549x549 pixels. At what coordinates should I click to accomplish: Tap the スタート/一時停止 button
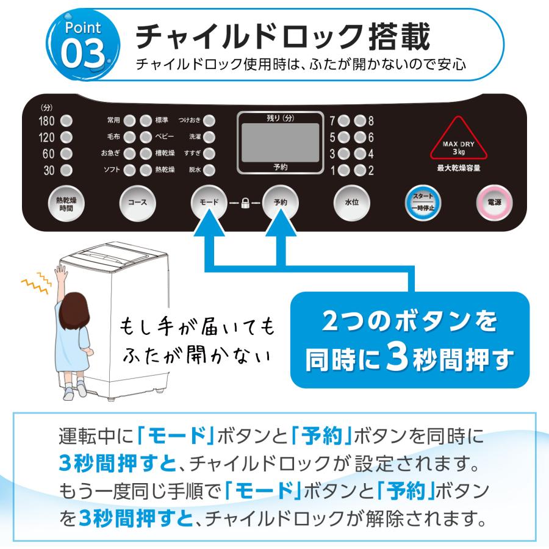coord(423,202)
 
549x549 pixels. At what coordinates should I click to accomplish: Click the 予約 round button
coord(280,202)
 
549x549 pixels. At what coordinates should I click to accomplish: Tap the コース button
coord(137,202)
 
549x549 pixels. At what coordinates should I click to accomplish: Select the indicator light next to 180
coord(66,120)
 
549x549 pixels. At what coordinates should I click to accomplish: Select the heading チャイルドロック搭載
coord(284,38)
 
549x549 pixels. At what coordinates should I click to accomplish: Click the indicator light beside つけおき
coord(209,120)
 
